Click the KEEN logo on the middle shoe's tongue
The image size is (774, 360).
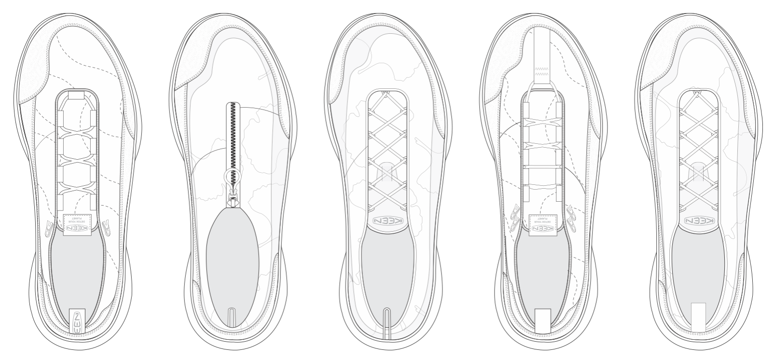tap(388, 221)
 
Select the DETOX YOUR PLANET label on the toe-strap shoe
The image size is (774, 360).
tap(543, 222)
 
